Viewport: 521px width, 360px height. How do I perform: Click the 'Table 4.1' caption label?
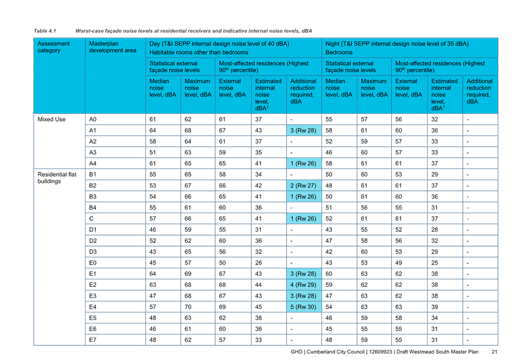click(x=45, y=31)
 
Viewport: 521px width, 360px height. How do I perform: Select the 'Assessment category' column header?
click(x=53, y=47)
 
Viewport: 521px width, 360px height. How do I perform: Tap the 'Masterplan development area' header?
click(x=113, y=47)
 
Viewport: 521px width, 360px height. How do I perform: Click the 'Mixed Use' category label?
click(x=52, y=119)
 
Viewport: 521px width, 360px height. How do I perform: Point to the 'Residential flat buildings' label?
click(x=57, y=178)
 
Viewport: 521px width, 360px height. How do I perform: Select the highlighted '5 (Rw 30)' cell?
click(x=304, y=307)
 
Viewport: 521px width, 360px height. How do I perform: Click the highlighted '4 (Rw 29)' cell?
click(x=304, y=285)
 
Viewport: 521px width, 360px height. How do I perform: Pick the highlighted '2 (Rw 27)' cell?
click(x=304, y=185)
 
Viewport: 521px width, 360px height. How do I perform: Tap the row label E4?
click(x=93, y=307)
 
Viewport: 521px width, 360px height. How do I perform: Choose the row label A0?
click(x=93, y=119)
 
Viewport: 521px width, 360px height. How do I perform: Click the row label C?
click(x=91, y=219)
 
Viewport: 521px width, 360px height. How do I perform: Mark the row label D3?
click(x=93, y=251)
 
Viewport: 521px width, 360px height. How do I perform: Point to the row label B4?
click(x=93, y=208)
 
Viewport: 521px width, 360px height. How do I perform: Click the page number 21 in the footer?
click(x=494, y=352)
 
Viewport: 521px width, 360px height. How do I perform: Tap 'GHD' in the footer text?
click(x=296, y=352)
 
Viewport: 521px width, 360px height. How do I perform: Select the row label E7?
click(x=93, y=340)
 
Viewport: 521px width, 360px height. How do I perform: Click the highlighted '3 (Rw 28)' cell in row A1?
click(x=304, y=130)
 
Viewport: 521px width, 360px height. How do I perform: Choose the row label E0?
click(x=93, y=262)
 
